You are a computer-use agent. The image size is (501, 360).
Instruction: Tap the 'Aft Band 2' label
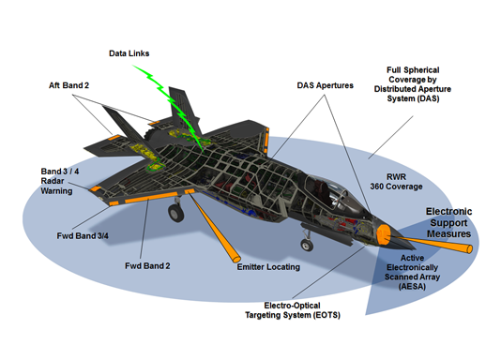(x=70, y=86)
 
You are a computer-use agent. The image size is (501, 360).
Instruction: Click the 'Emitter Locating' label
(x=267, y=267)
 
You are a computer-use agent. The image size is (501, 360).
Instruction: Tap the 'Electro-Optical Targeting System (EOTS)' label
(x=296, y=310)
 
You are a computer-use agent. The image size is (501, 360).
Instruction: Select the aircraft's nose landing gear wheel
(x=305, y=246)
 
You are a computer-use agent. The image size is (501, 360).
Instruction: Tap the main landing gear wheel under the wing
(x=176, y=215)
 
